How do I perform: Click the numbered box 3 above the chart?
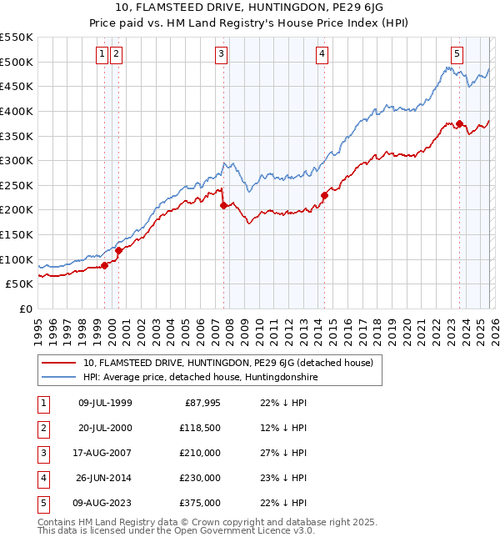tap(222, 55)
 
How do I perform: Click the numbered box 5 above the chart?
tap(457, 55)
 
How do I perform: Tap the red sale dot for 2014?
tap(324, 196)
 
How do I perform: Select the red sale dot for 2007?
tap(223, 205)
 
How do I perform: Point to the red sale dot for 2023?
tap(460, 124)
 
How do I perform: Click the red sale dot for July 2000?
tap(119, 250)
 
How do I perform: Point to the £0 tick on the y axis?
tap(26, 309)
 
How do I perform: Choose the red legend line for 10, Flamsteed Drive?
tap(59, 363)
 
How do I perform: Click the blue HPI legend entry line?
tap(59, 378)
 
